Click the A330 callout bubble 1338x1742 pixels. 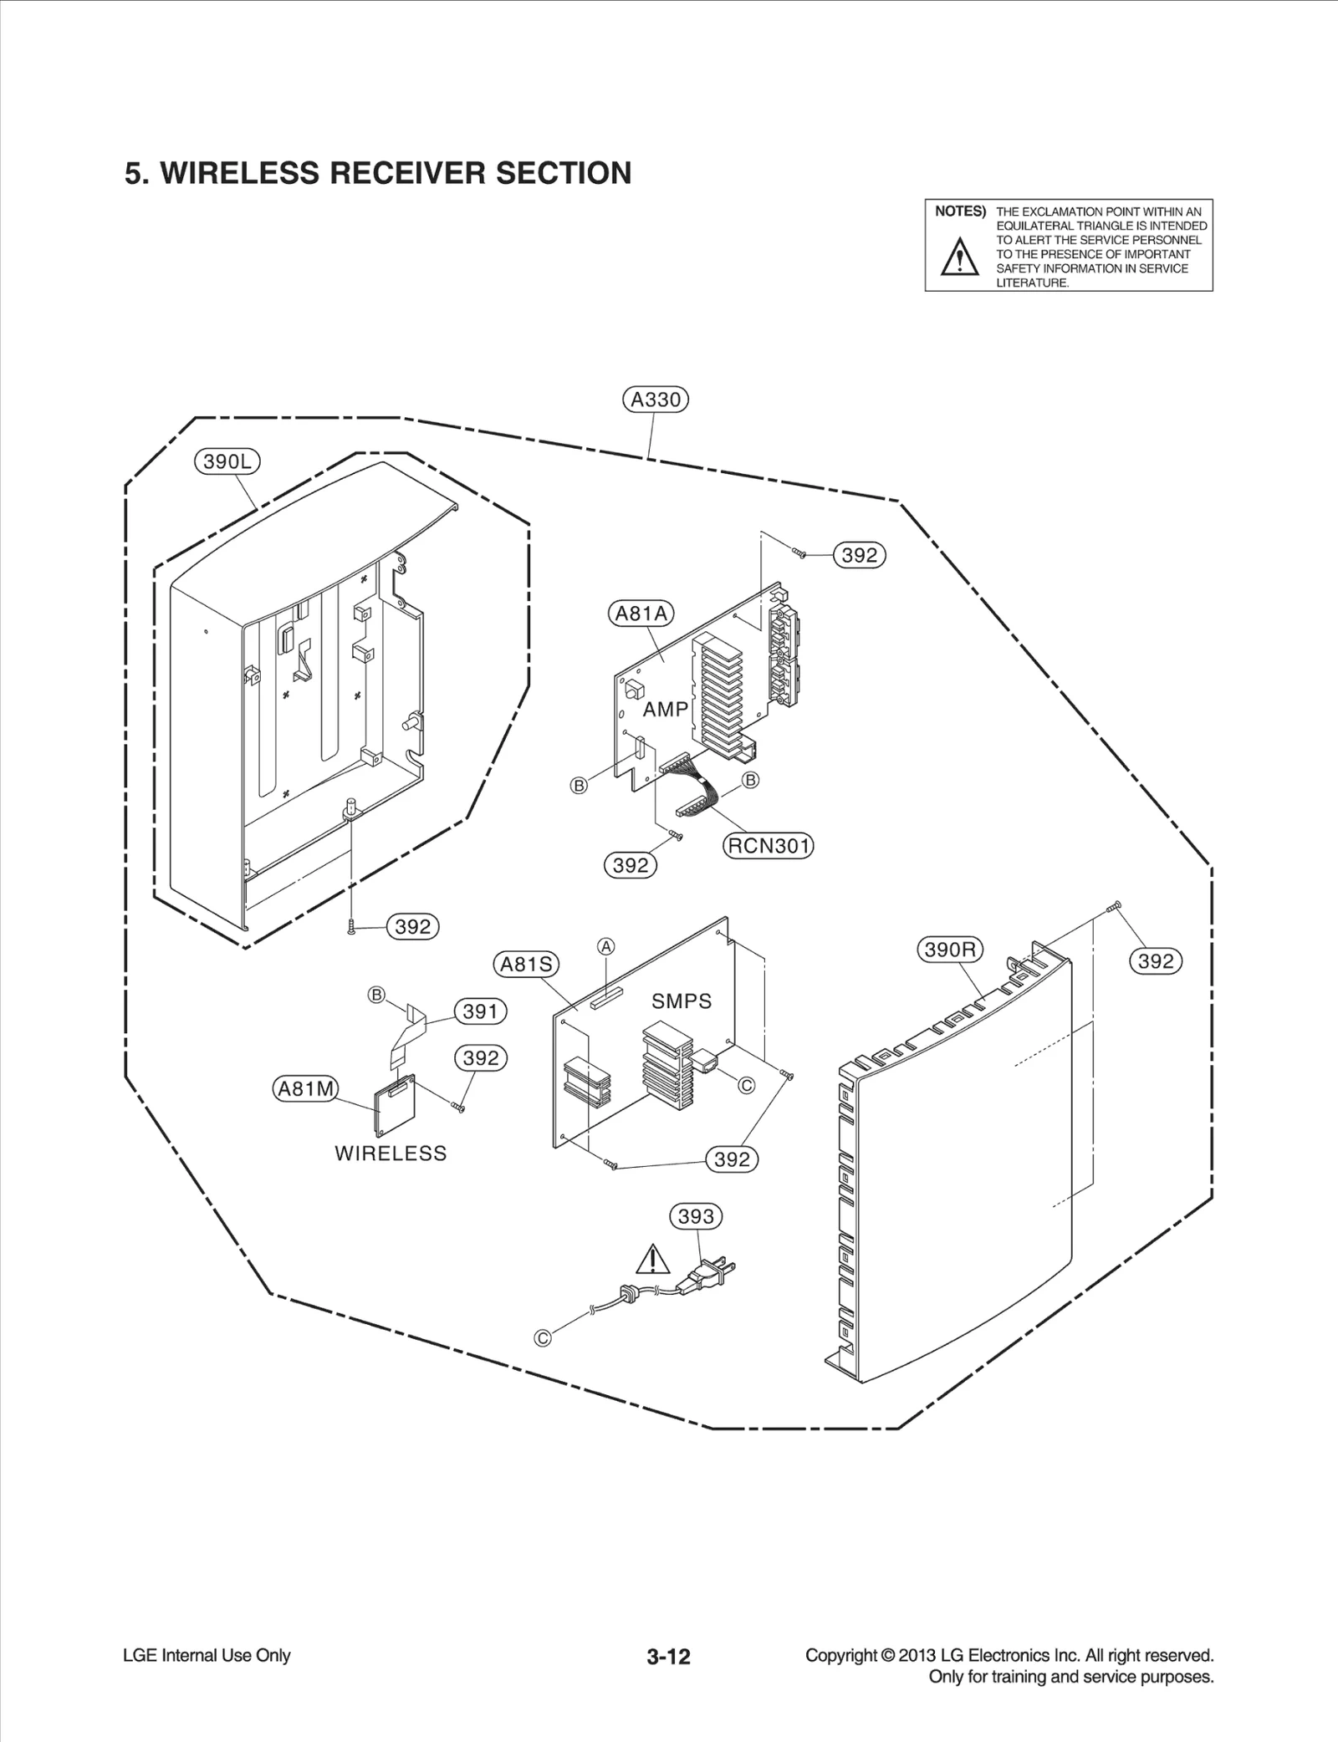tap(656, 400)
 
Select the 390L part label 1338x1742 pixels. tap(227, 461)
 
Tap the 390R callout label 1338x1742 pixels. tap(950, 950)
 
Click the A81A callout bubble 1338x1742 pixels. tap(641, 614)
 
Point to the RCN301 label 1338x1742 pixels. tap(768, 846)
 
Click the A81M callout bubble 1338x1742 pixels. tap(306, 1088)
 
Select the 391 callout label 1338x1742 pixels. tap(480, 1011)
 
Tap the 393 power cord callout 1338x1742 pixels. tap(696, 1216)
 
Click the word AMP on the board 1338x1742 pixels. tap(666, 710)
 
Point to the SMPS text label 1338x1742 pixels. tap(682, 1001)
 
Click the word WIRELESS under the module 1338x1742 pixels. tap(391, 1154)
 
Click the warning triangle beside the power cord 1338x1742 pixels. tap(652, 1259)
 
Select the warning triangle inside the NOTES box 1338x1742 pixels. tap(959, 257)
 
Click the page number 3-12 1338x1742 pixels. tap(668, 1656)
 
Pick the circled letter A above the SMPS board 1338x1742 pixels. tap(606, 946)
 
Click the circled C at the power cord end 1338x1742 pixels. tap(543, 1338)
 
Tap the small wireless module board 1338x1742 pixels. tap(395, 1108)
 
